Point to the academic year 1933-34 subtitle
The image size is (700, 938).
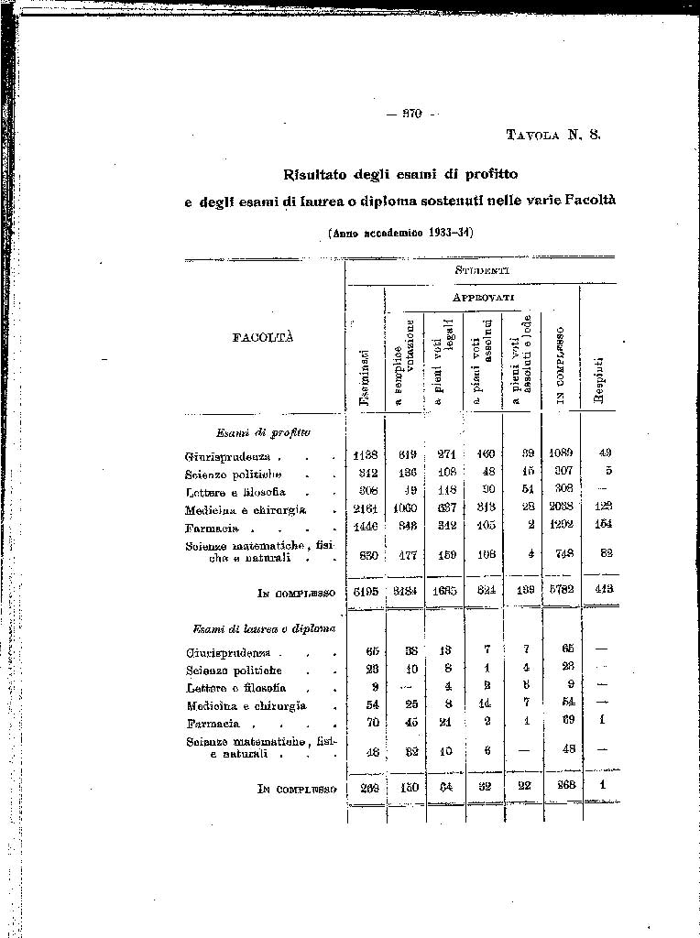coord(400,233)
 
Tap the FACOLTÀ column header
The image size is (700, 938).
coord(263,337)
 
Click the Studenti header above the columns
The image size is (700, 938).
coord(481,270)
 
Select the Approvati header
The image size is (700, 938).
coord(483,298)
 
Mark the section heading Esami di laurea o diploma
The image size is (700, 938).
coord(264,628)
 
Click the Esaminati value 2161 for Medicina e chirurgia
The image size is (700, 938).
coord(365,510)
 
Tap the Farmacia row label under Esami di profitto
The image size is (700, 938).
coord(212,529)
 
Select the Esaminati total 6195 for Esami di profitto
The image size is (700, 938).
coord(365,592)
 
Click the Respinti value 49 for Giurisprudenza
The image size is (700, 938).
coord(604,453)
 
